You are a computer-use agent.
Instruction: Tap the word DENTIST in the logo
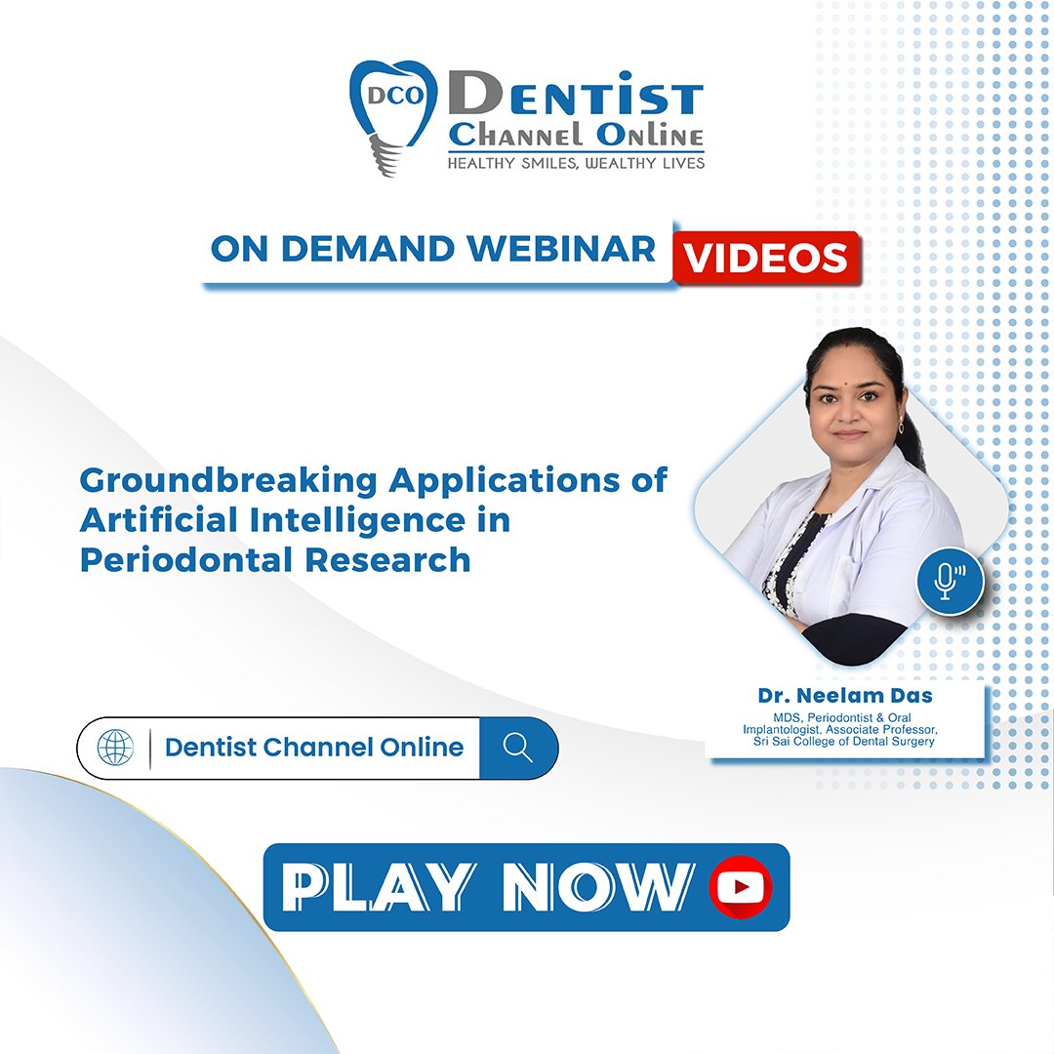[576, 99]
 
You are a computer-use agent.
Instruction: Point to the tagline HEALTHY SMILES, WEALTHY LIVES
[576, 163]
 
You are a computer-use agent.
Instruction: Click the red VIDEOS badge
[765, 258]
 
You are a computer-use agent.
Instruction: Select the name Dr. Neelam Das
[845, 697]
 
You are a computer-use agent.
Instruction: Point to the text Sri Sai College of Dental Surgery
[845, 742]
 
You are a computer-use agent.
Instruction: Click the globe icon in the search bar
[115, 748]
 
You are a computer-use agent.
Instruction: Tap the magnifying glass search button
[518, 748]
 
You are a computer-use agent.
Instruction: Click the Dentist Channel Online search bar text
[314, 748]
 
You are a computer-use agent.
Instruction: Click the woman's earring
[900, 427]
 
